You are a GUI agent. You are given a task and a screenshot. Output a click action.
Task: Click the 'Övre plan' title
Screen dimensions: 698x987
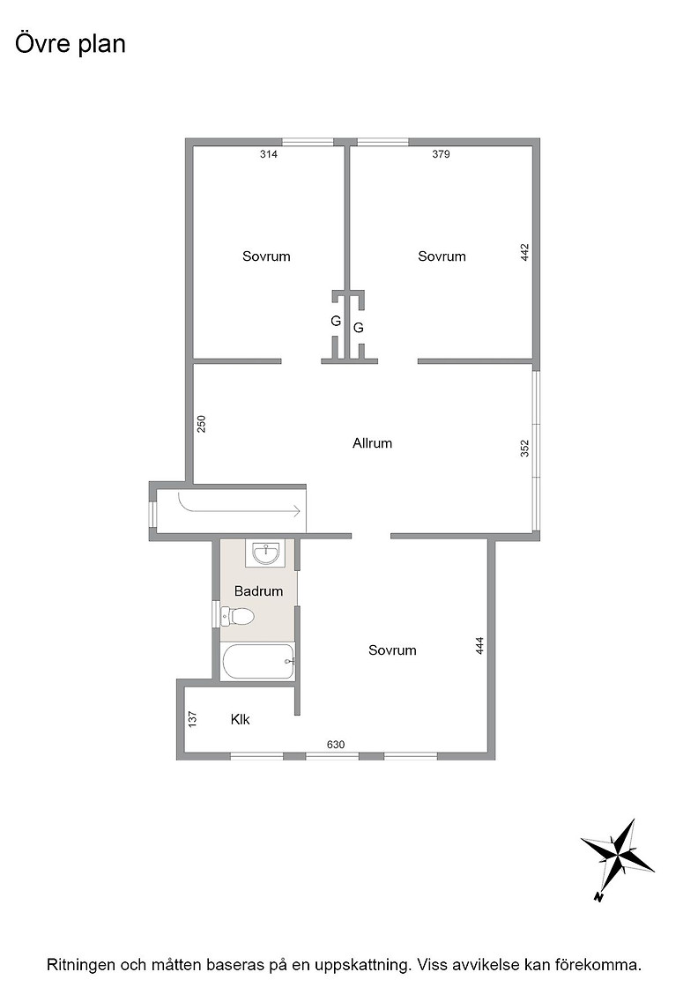pyautogui.click(x=70, y=44)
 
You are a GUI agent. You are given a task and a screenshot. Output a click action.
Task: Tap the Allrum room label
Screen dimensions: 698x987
pyautogui.click(x=372, y=443)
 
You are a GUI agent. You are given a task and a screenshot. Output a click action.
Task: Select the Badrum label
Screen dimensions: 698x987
pyautogui.click(x=258, y=591)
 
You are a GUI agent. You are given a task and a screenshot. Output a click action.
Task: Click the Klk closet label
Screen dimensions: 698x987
pyautogui.click(x=241, y=719)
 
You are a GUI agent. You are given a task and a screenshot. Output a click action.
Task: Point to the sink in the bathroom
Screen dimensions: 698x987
pyautogui.click(x=267, y=554)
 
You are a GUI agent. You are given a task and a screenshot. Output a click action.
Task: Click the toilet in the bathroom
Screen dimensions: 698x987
pyautogui.click(x=236, y=616)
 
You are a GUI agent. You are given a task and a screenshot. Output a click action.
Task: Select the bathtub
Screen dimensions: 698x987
pyautogui.click(x=259, y=662)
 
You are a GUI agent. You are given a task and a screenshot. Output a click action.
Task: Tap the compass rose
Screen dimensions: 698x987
pyautogui.click(x=618, y=857)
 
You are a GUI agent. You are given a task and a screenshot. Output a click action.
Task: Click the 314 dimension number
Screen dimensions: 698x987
pyautogui.click(x=269, y=154)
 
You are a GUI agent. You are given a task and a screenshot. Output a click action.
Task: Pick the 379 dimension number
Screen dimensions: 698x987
pyautogui.click(x=441, y=154)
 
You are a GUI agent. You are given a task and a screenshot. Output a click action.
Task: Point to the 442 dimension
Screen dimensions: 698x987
pyautogui.click(x=525, y=252)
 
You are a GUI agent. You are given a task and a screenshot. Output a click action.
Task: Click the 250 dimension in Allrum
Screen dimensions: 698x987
pyautogui.click(x=202, y=424)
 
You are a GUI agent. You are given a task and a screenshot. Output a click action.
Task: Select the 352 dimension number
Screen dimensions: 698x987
pyautogui.click(x=525, y=449)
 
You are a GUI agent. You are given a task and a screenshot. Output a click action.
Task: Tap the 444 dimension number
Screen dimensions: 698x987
pyautogui.click(x=479, y=647)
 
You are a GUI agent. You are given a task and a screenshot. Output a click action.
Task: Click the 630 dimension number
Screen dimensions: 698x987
pyautogui.click(x=336, y=745)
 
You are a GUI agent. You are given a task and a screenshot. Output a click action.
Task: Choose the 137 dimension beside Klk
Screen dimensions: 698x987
pyautogui.click(x=193, y=719)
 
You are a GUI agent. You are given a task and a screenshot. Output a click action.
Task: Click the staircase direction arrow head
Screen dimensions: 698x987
pyautogui.click(x=297, y=512)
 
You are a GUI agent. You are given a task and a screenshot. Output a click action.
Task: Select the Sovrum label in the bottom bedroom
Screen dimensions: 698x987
pyautogui.click(x=392, y=650)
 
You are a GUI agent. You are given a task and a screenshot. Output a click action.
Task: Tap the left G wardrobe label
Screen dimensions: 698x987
pyautogui.click(x=336, y=321)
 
